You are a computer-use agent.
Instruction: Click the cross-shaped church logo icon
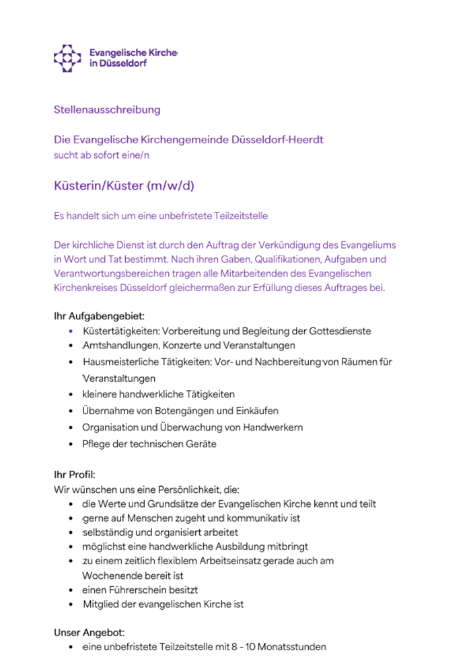pos(67,58)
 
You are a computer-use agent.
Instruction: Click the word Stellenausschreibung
pos(107,109)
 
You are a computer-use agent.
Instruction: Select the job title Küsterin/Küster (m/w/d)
pos(124,185)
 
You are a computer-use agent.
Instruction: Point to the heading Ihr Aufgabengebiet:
pos(99,315)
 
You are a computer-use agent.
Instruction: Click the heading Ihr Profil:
pos(75,475)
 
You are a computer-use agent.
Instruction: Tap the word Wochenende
pos(112,576)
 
